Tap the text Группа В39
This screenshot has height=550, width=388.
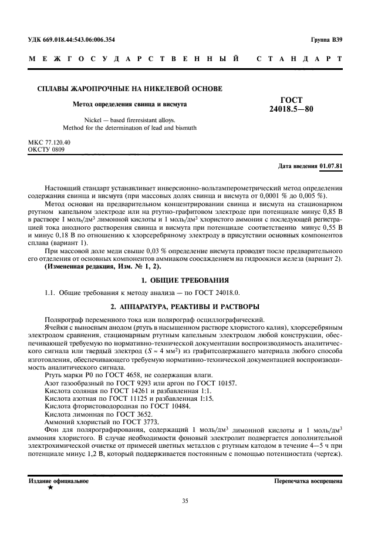(x=326, y=40)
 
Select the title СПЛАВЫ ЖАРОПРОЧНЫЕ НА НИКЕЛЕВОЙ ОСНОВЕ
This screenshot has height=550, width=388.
(x=130, y=89)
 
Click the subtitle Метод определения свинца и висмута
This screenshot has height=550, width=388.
(x=129, y=104)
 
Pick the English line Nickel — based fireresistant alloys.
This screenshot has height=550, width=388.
(x=129, y=119)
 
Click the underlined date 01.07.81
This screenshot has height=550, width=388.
(x=332, y=166)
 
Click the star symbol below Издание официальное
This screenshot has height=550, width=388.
(x=50, y=487)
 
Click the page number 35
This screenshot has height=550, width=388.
(x=185, y=501)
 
